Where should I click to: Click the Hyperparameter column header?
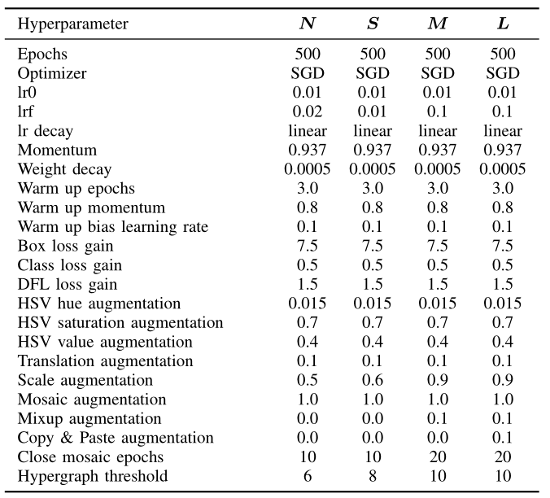tap(72, 24)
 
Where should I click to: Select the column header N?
tap(308, 24)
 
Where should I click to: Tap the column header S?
tap(372, 24)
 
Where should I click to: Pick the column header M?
tap(437, 24)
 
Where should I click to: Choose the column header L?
tap(502, 24)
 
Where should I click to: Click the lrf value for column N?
tap(308, 112)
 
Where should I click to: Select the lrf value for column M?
tap(437, 112)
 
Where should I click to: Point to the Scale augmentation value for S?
tap(372, 381)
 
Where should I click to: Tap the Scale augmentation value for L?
tap(502, 381)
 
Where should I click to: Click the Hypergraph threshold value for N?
tap(308, 477)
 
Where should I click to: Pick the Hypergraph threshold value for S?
tap(372, 477)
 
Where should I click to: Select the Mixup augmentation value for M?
tap(437, 419)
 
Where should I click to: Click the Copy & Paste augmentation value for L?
tap(502, 439)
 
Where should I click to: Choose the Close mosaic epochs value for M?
tap(437, 457)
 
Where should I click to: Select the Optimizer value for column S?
tap(372, 74)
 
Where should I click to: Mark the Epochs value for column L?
tap(502, 55)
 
